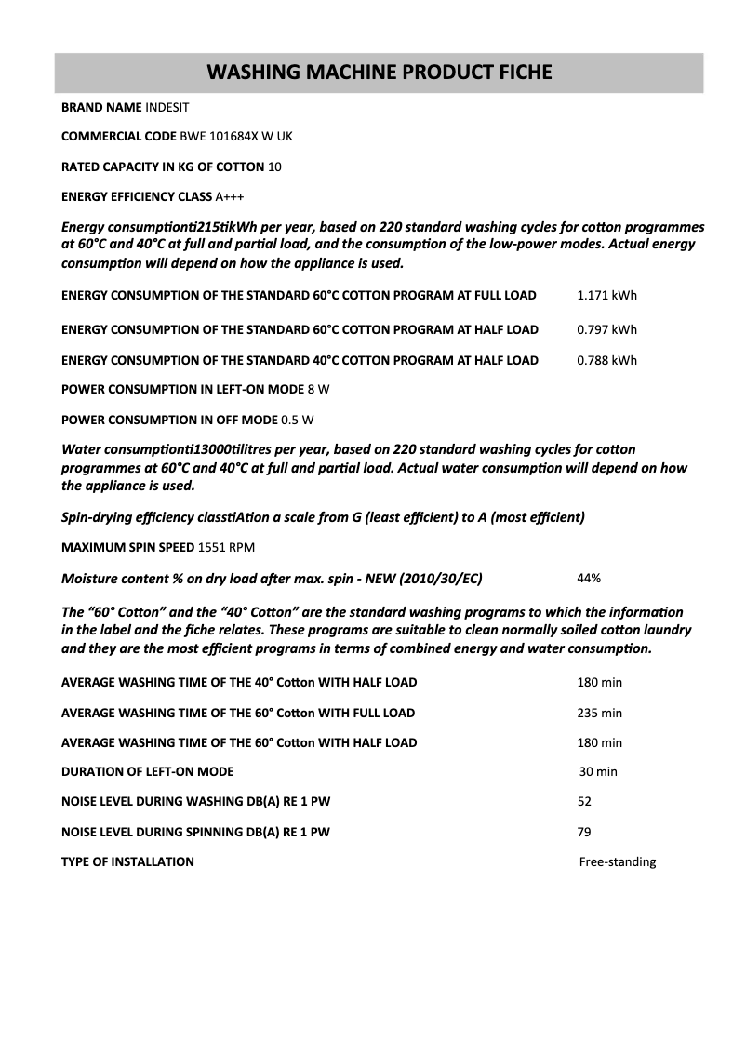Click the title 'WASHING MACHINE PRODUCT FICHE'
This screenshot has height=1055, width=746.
click(379, 72)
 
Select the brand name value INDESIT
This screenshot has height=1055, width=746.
click(167, 108)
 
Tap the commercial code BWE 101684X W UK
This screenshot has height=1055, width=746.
click(236, 137)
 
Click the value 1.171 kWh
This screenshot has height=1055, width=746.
click(606, 296)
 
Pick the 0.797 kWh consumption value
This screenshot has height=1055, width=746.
click(606, 329)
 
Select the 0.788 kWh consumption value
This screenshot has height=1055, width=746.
click(606, 360)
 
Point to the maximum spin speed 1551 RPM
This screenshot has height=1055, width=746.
click(226, 547)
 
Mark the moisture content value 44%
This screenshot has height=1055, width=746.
click(589, 578)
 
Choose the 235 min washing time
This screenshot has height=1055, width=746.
click(599, 713)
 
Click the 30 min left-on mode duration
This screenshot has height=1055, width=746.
click(598, 771)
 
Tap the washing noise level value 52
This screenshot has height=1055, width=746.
click(584, 801)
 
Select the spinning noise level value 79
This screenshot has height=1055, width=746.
click(584, 832)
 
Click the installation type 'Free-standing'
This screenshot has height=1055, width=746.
click(617, 861)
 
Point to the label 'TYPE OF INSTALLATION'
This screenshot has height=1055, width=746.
click(127, 861)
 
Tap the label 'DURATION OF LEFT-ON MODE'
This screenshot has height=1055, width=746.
click(147, 771)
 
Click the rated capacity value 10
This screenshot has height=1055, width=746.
click(274, 167)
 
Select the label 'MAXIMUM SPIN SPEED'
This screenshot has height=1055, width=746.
click(127, 547)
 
